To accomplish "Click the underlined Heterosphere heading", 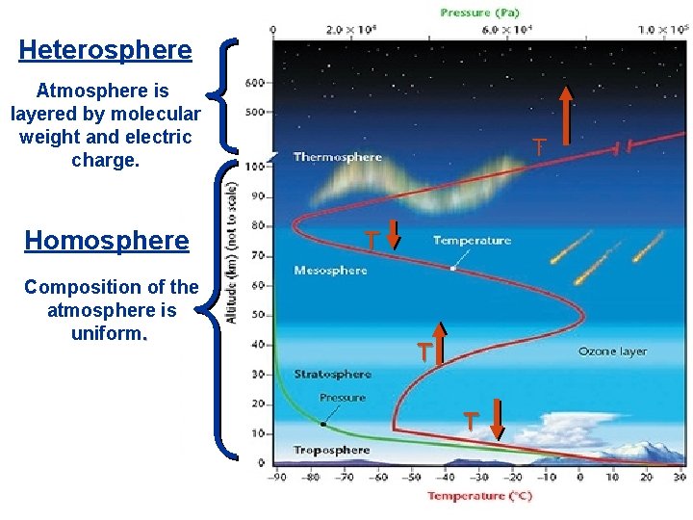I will tap(106, 49).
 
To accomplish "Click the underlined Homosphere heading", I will tap(107, 240).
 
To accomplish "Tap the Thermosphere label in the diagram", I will tap(337, 157).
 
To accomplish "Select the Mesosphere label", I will tap(330, 271).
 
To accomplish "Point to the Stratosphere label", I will tap(332, 375).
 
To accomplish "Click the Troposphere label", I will tap(331, 450).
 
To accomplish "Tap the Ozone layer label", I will tap(612, 351).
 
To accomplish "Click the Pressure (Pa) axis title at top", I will tap(481, 13).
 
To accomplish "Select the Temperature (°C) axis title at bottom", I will tap(479, 496).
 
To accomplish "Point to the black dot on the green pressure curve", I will tap(323, 423).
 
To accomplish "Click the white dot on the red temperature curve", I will tap(452, 269).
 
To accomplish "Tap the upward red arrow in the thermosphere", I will tap(566, 116).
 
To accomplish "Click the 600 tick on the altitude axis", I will tap(254, 83).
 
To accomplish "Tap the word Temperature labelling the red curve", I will tap(472, 241).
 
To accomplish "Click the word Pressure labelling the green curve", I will tap(343, 398).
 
